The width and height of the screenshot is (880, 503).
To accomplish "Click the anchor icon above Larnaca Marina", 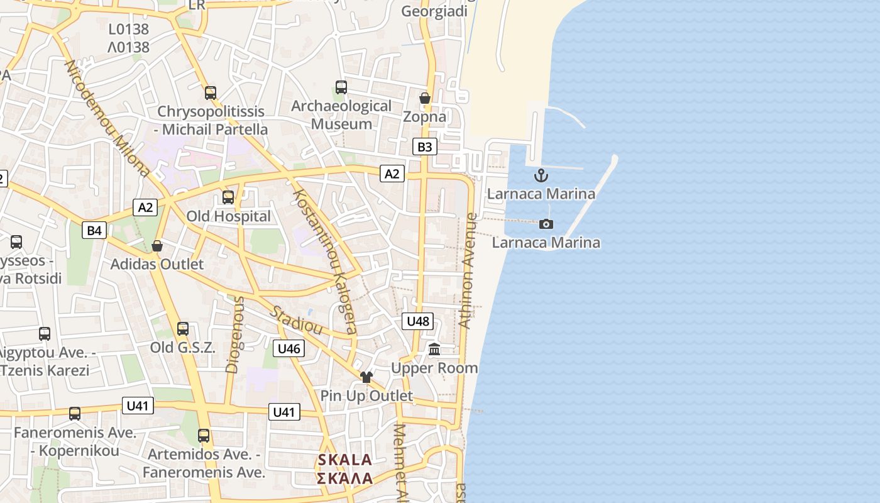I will (x=541, y=175).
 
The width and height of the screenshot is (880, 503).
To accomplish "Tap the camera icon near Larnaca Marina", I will (x=546, y=224).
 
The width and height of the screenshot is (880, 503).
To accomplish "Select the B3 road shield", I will (x=425, y=147).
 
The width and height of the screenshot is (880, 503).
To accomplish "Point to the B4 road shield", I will (x=94, y=231).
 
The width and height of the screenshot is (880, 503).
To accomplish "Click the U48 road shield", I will (x=417, y=321).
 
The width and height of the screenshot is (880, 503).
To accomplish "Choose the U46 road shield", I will (x=289, y=348).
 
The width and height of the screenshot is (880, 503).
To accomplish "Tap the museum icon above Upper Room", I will (x=434, y=349).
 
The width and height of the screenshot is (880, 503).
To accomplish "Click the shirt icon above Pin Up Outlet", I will (x=366, y=377).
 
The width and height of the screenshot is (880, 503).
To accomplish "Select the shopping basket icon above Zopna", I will (x=425, y=98).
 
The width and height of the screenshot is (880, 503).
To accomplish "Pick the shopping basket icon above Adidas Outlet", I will (x=157, y=246).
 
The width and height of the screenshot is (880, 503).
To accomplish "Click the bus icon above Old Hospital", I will (x=228, y=197).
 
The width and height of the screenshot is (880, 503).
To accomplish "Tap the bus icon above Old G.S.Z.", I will (x=183, y=329).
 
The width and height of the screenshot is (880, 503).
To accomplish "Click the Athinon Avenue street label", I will (x=468, y=270).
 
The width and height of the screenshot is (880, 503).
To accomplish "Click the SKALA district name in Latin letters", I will (x=345, y=460).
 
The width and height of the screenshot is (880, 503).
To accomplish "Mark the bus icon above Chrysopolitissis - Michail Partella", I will (x=211, y=93).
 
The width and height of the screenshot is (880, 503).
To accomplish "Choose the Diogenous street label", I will (x=234, y=335).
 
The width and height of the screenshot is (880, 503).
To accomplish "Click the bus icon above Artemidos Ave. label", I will (x=204, y=436).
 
